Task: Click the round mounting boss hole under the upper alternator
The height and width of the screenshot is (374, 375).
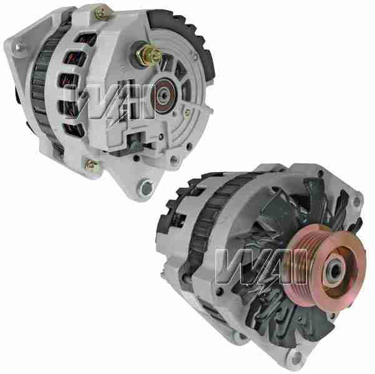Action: click(x=147, y=186)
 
